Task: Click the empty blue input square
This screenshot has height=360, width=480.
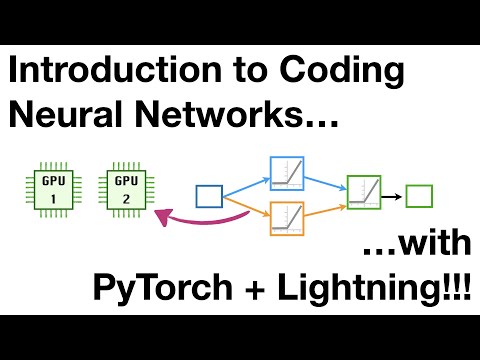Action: [209, 196]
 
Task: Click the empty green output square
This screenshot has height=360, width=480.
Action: [419, 196]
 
